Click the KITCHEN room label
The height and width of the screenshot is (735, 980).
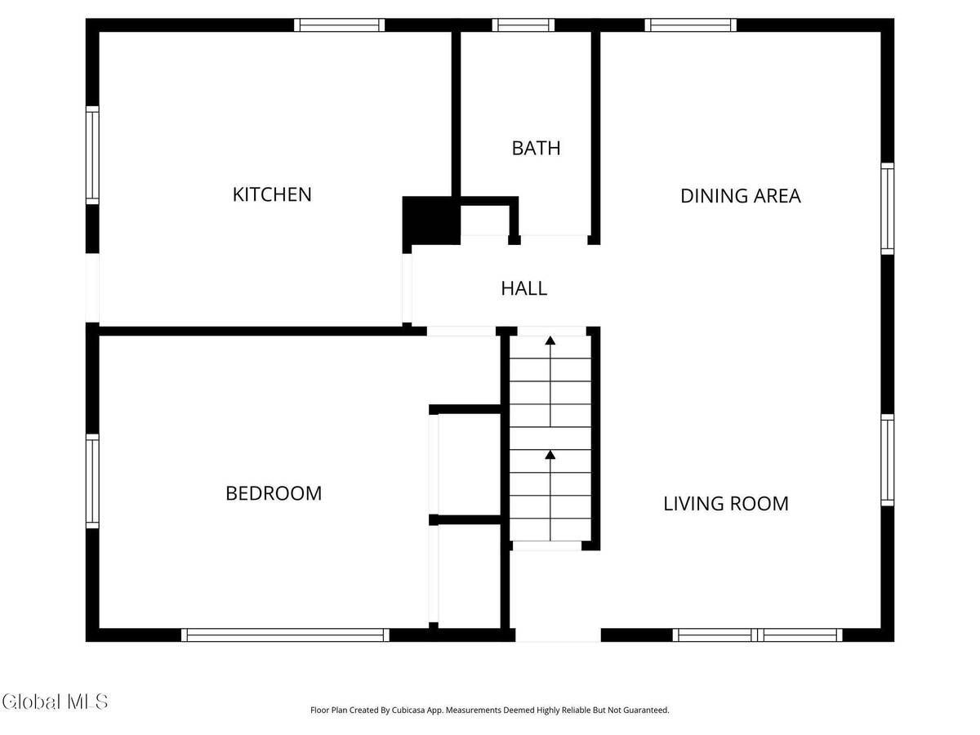pos(272,194)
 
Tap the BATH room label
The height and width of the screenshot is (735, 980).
pos(536,148)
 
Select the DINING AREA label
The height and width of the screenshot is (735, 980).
pos(740,196)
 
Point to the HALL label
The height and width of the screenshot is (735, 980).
pos(523,288)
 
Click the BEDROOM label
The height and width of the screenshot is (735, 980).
pos(274,493)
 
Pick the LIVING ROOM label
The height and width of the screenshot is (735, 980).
pos(725,503)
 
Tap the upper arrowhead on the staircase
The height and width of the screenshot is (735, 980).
pos(550,341)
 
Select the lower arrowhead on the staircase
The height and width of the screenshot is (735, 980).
pos(550,454)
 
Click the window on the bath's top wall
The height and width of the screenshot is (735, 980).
pos(523,25)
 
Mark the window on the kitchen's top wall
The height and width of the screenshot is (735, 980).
pos(340,25)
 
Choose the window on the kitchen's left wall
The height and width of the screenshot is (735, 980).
pos(92,155)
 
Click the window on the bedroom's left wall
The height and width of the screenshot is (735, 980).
pos(92,481)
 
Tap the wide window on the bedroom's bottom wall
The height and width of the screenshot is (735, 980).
pos(285,635)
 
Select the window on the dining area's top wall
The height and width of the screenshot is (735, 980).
pos(691,25)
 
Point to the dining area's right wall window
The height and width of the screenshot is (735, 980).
pos(888,208)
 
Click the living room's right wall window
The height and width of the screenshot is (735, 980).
pos(888,460)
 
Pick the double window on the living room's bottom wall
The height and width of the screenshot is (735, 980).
pos(758,635)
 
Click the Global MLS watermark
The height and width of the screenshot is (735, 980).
pos(55,702)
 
